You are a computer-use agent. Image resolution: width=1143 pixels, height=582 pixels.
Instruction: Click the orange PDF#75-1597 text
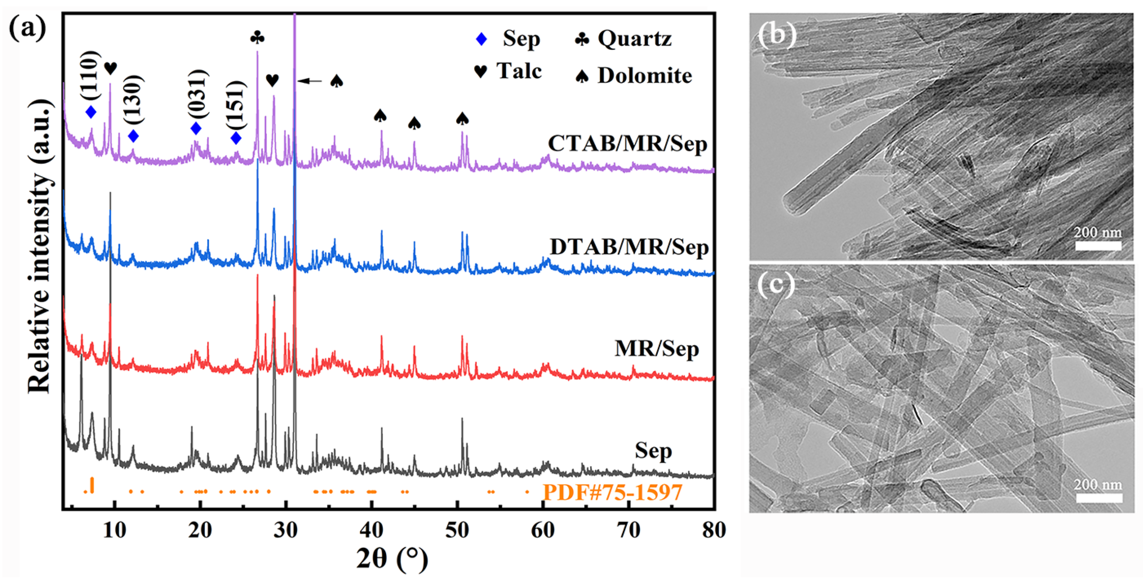click(x=612, y=492)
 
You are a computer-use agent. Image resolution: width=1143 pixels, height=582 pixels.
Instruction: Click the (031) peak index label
click(x=196, y=94)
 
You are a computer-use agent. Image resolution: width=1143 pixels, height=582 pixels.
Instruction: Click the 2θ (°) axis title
click(x=392, y=558)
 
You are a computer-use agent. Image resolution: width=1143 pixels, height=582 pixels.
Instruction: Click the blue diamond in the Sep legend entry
click(x=481, y=39)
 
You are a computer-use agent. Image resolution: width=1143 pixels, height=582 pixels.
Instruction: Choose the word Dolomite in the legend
click(x=644, y=75)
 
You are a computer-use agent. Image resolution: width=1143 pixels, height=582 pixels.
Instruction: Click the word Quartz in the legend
click(x=635, y=39)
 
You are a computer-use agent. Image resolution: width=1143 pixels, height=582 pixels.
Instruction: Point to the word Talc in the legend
click(x=519, y=70)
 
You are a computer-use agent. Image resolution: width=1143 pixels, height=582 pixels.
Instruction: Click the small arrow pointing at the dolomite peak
click(x=309, y=81)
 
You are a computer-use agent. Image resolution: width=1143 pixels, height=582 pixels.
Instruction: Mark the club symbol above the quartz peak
click(x=257, y=38)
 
